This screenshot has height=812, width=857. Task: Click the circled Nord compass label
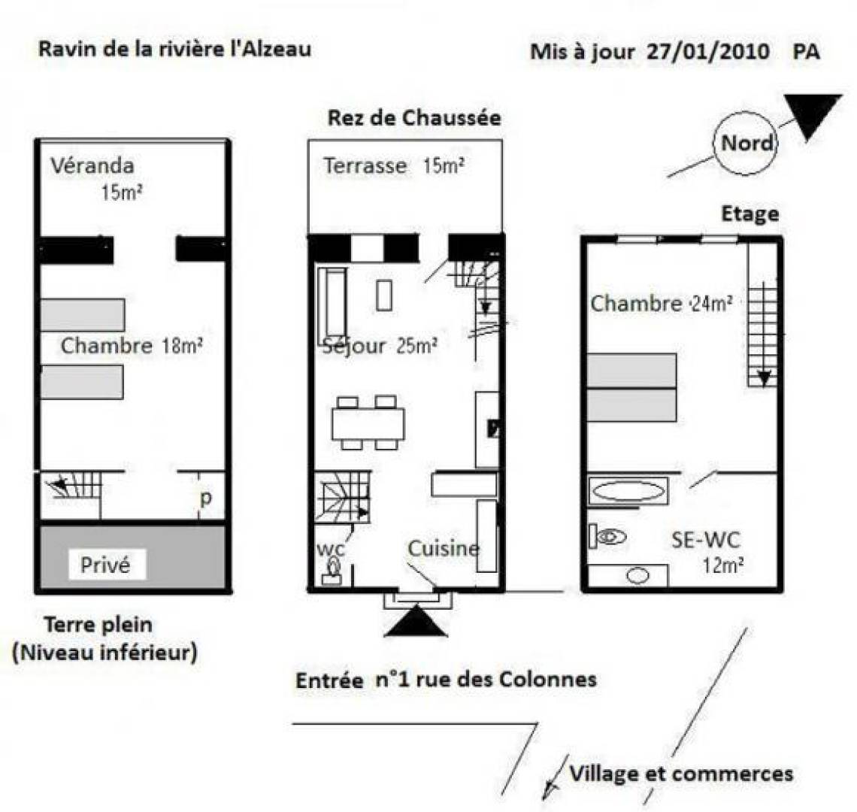click(746, 144)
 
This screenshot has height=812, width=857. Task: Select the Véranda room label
click(92, 165)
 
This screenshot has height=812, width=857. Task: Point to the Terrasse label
click(365, 165)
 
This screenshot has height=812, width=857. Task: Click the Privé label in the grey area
click(105, 565)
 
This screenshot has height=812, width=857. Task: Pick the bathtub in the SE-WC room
click(628, 491)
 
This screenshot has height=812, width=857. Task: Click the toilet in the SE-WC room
click(607, 536)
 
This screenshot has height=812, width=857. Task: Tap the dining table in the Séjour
click(368, 424)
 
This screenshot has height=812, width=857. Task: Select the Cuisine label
click(444, 548)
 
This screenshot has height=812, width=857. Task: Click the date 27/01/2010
click(708, 51)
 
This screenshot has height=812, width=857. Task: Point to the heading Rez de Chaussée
click(414, 118)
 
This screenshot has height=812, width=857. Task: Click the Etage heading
click(750, 214)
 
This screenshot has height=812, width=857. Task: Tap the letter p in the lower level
click(205, 499)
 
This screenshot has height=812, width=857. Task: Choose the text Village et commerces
click(681, 774)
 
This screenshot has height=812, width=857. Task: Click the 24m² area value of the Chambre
click(712, 304)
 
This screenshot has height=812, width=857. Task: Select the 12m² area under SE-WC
click(722, 565)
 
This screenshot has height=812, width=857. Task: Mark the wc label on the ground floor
click(330, 548)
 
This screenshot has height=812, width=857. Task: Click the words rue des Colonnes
click(506, 680)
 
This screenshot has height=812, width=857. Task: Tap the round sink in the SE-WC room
click(637, 576)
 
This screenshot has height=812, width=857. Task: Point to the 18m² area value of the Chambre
click(183, 346)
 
